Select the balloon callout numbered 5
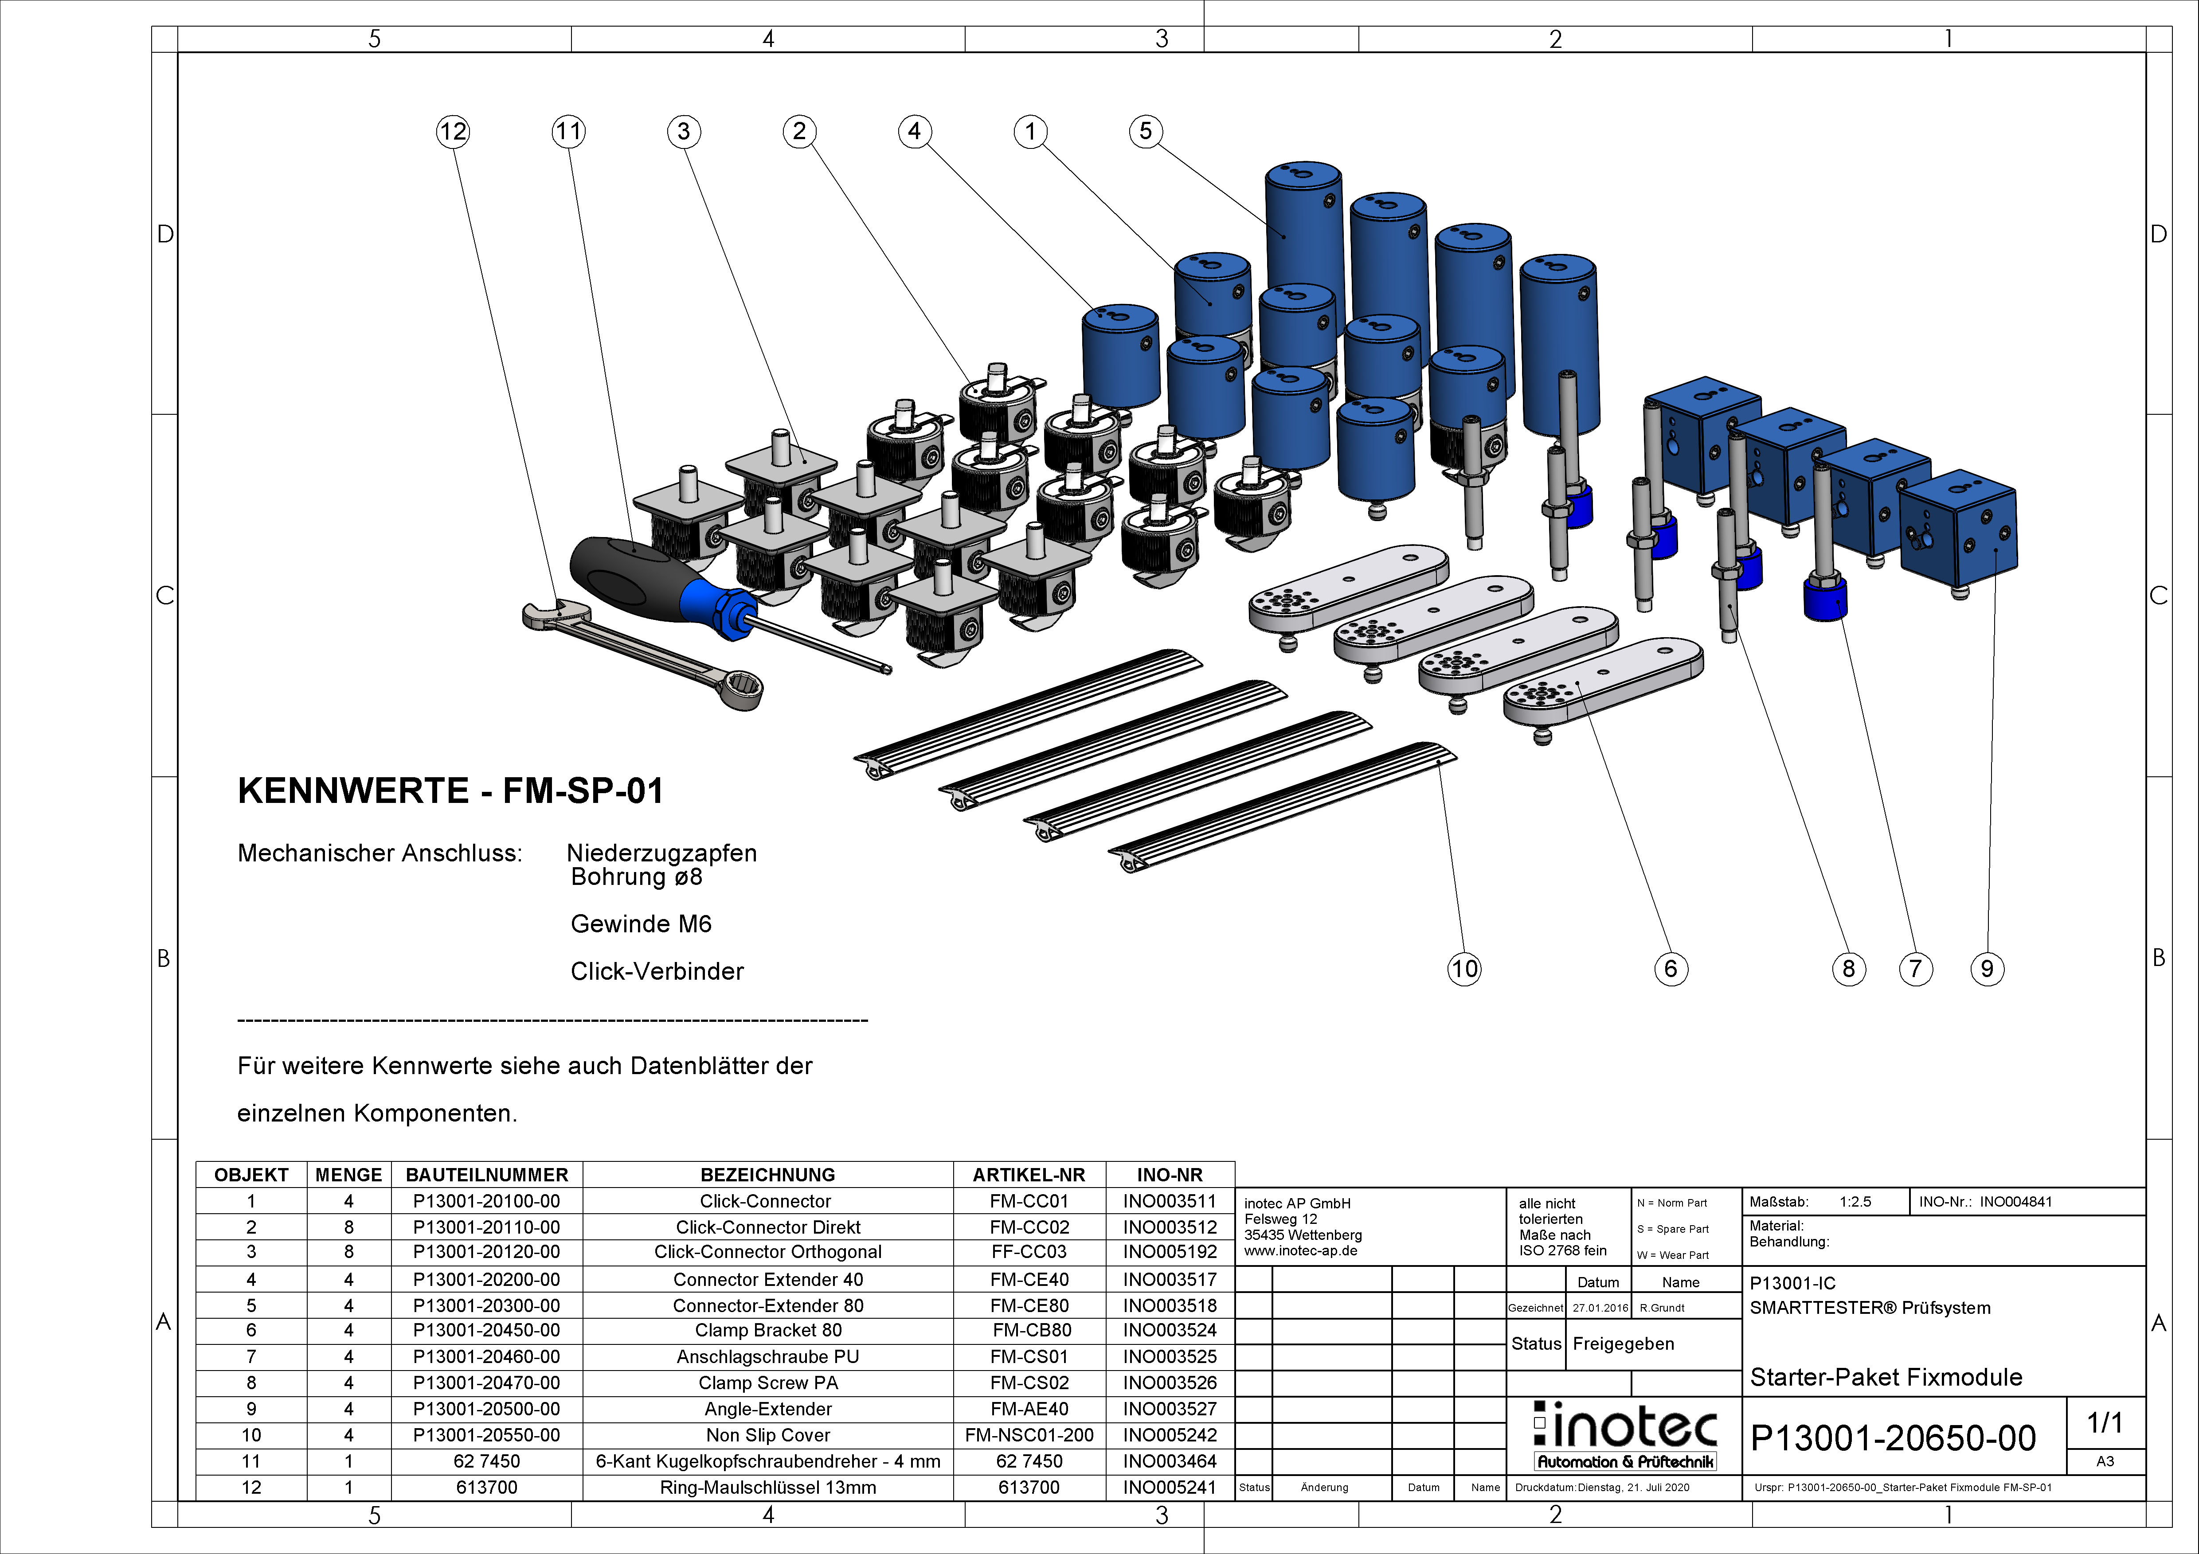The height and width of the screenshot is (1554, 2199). point(1146,131)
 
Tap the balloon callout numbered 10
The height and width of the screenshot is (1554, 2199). point(1463,969)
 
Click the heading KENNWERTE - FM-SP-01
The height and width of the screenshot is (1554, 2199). point(450,791)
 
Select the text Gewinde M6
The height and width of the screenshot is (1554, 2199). point(641,924)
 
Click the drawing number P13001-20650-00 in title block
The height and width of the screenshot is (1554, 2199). point(1893,1438)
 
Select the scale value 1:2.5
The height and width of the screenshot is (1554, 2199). point(1855,1202)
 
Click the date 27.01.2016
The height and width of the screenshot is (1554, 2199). point(1600,1308)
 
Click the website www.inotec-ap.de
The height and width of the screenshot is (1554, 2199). point(1301,1251)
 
